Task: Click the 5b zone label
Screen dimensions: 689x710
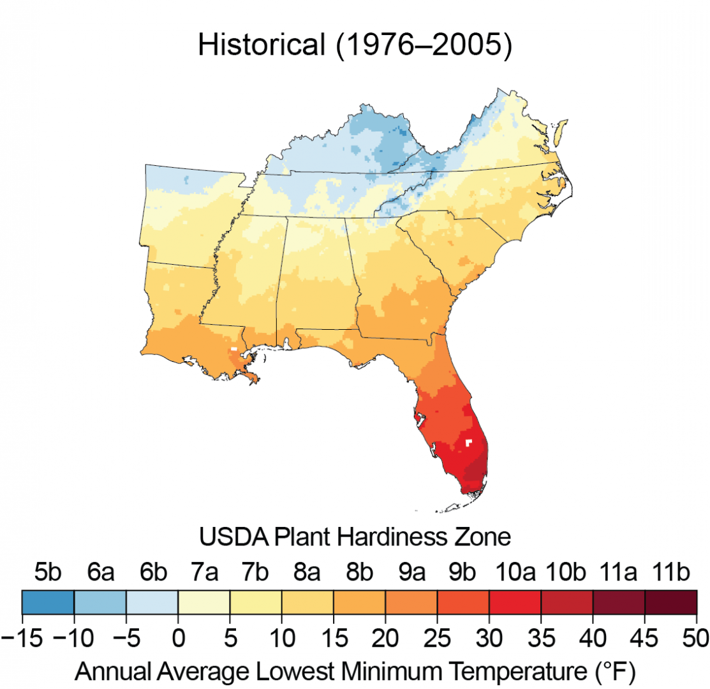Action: (48, 573)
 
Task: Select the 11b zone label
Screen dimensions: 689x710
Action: (669, 573)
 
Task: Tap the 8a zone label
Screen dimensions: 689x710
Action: (307, 573)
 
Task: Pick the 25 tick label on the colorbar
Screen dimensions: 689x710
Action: (437, 637)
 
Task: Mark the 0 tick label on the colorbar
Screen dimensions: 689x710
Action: (178, 637)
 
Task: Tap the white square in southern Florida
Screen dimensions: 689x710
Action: (469, 442)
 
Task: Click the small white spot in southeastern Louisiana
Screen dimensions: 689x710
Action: (233, 349)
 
